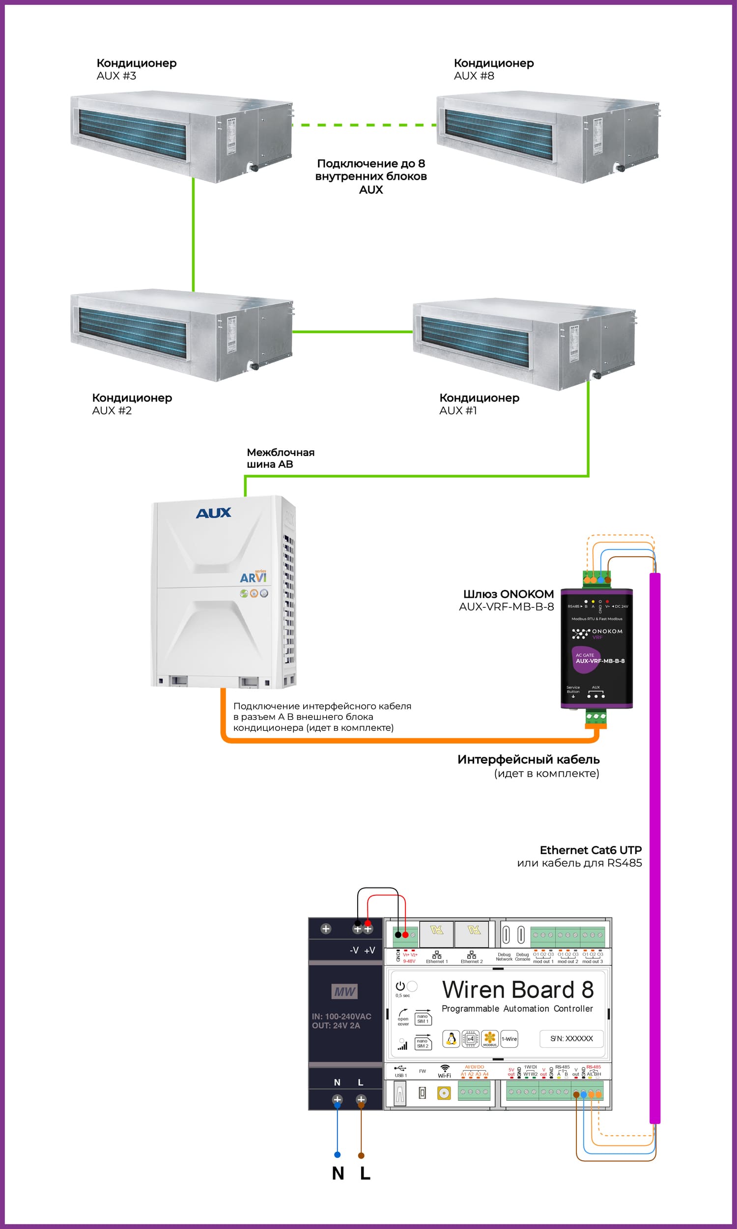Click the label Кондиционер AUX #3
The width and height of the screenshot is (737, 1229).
(136, 69)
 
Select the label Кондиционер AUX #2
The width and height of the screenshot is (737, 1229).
(132, 404)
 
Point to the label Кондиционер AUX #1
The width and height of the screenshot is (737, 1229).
(479, 404)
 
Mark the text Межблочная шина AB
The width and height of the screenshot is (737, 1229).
(280, 458)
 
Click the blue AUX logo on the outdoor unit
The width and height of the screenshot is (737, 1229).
(214, 513)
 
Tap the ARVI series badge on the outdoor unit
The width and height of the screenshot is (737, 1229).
(253, 577)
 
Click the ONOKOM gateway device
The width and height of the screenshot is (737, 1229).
(596, 648)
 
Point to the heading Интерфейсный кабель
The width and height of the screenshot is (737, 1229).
(528, 759)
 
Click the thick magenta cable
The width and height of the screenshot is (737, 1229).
(655, 844)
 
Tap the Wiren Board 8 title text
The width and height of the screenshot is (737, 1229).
(517, 990)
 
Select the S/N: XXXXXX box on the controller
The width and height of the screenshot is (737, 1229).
(571, 1038)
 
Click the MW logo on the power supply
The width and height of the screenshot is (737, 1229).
(344, 992)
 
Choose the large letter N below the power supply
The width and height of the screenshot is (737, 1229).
(338, 1173)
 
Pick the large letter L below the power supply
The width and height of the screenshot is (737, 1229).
(365, 1173)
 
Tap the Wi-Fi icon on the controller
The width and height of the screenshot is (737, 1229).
(445, 1068)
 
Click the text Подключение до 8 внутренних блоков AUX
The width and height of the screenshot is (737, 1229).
(371, 176)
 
